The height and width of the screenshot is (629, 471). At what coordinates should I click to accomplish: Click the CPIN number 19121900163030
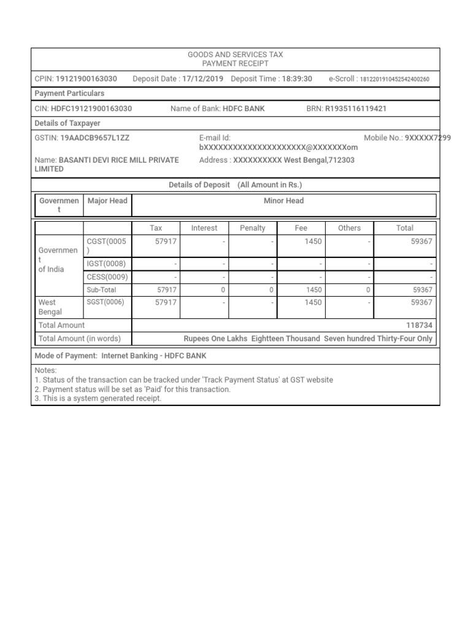pyautogui.click(x=86, y=79)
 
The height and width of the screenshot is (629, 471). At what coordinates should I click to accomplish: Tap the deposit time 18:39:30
pyautogui.click(x=297, y=79)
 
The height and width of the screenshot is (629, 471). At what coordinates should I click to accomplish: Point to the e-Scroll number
pyautogui.click(x=394, y=79)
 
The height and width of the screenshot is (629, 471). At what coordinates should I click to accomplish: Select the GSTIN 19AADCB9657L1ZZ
pyautogui.click(x=95, y=138)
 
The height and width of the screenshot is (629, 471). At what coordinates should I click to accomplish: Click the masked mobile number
pyautogui.click(x=428, y=138)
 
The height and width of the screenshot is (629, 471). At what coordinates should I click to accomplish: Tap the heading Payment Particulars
pyautogui.click(x=69, y=93)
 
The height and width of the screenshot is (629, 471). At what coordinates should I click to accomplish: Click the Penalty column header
pyautogui.click(x=253, y=228)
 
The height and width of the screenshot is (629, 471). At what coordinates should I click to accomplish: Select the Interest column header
pyautogui.click(x=204, y=228)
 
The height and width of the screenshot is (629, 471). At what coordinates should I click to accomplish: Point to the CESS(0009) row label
pyautogui.click(x=107, y=277)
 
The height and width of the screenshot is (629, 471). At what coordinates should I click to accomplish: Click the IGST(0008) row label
pyautogui.click(x=106, y=264)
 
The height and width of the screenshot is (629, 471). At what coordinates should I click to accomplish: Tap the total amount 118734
pyautogui.click(x=419, y=325)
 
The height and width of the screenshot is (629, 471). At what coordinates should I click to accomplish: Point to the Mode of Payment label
pyautogui.click(x=66, y=356)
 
